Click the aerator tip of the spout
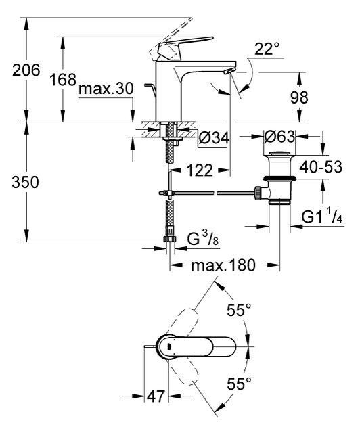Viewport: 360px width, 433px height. pos(231,70)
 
